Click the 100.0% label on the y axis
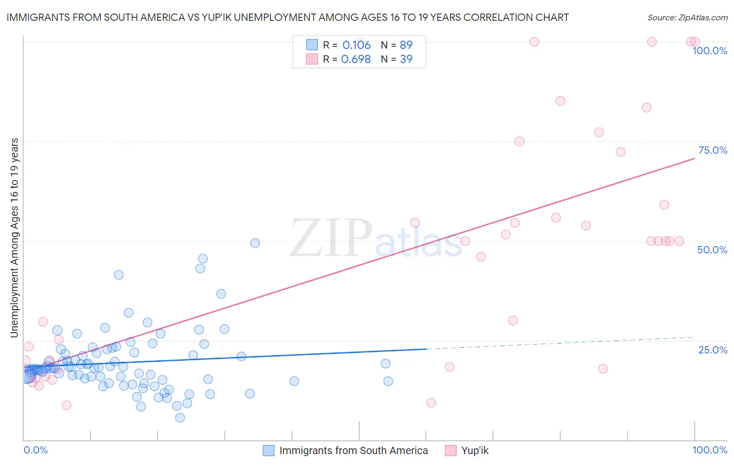tap(709, 51)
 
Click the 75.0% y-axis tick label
tap(713, 150)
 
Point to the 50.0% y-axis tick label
tap(712, 250)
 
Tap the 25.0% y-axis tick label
tap(713, 349)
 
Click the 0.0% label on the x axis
tap(35, 450)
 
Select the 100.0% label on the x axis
tap(709, 450)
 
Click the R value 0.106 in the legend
tap(357, 45)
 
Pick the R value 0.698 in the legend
tap(356, 59)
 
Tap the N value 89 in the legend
tap(406, 45)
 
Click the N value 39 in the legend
tap(406, 59)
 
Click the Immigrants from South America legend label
tap(353, 450)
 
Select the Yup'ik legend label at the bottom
tap(475, 450)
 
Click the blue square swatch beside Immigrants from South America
tap(268, 450)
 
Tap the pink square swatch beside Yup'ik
tap(451, 450)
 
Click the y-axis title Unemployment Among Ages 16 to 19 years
tap(14, 238)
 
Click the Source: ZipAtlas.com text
tap(687, 17)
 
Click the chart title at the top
tap(288, 17)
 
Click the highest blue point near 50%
tap(255, 243)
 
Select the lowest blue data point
tap(180, 418)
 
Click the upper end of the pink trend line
tap(694, 157)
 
